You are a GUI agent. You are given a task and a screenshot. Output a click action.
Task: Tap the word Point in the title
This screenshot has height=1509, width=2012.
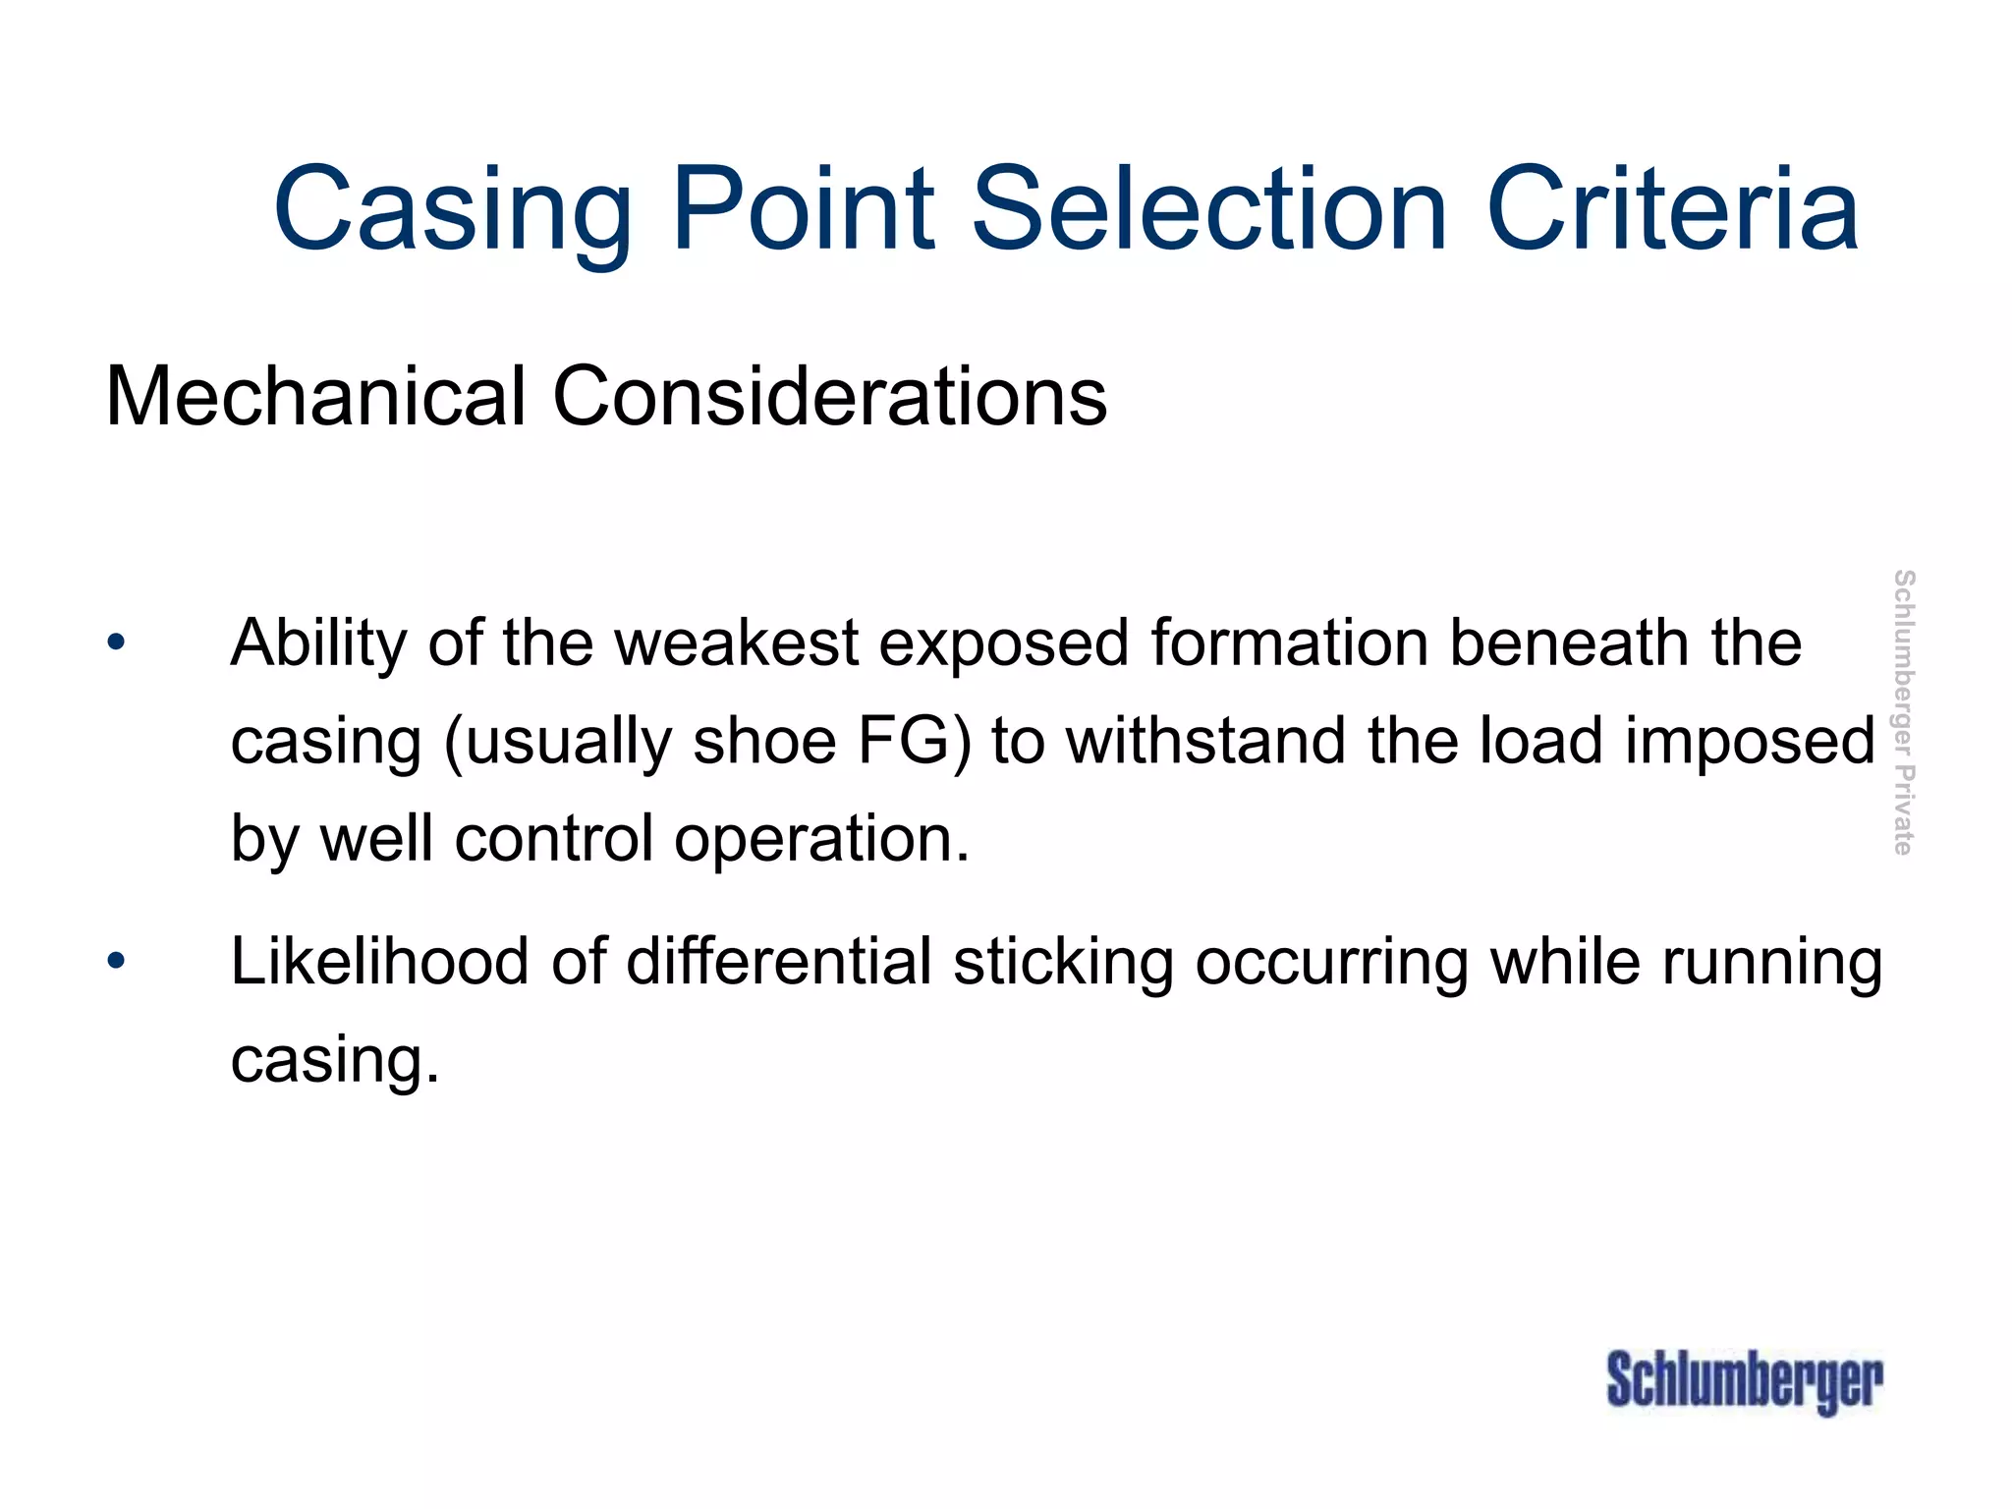click(x=804, y=209)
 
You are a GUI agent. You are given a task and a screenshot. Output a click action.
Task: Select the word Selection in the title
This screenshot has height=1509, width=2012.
click(x=1209, y=209)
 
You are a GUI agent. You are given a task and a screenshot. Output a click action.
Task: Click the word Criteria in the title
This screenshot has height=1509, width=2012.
click(x=1672, y=209)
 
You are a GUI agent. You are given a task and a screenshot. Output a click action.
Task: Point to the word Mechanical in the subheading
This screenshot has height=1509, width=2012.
click(x=315, y=397)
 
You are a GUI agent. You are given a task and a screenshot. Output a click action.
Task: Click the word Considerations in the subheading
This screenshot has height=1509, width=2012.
click(x=830, y=397)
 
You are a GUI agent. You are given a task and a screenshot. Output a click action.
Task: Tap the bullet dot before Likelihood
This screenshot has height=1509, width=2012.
click(x=117, y=962)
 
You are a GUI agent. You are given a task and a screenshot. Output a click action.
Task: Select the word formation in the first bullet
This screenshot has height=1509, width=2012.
click(x=1290, y=643)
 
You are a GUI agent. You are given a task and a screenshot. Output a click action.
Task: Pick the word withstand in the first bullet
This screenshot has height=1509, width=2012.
click(x=1206, y=742)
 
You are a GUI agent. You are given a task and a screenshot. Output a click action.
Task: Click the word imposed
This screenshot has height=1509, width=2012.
click(x=1750, y=742)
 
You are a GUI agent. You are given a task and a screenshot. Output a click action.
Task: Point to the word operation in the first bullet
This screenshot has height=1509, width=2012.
click(x=820, y=840)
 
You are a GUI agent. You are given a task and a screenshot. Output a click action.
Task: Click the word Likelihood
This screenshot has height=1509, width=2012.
click(x=379, y=962)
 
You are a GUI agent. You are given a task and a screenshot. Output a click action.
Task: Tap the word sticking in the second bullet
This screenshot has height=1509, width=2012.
click(x=1063, y=962)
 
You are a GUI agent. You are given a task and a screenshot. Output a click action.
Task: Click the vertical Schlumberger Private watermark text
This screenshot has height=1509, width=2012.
click(x=1903, y=712)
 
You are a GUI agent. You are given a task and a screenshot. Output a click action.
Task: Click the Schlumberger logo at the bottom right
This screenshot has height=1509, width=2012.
click(x=1745, y=1382)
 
